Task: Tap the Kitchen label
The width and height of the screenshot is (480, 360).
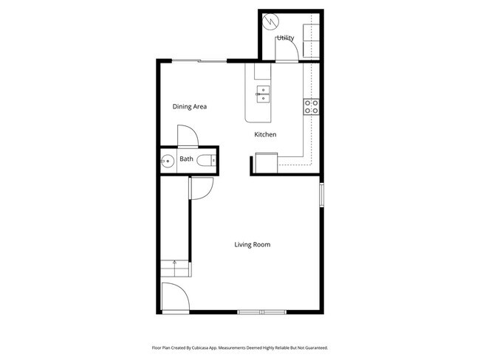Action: pos(265,134)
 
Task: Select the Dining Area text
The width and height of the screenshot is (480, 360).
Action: pos(190,107)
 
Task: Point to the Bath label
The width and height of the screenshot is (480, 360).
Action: pos(186,159)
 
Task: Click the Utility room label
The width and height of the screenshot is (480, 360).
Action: pos(285,38)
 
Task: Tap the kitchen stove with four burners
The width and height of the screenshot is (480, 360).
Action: pos(311,106)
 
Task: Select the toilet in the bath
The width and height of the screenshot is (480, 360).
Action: pos(213,159)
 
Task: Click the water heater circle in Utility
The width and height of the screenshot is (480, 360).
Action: pos(270,21)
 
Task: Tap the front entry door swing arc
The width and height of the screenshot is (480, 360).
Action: pos(176,297)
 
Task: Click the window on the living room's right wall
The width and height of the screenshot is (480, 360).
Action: pos(321,195)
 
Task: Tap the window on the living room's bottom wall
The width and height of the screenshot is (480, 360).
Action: pos(261,312)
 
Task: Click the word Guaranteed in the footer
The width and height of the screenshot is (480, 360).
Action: pos(313,347)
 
